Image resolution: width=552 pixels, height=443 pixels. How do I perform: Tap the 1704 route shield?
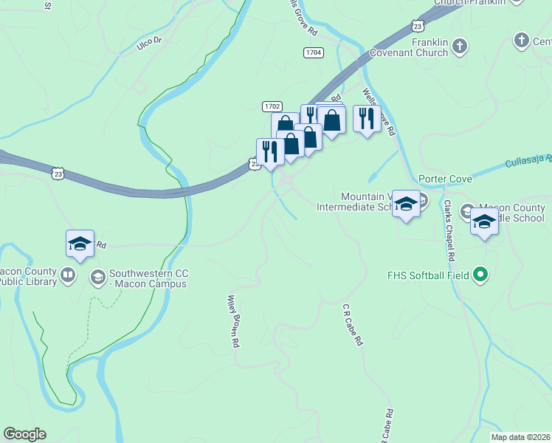[313, 52]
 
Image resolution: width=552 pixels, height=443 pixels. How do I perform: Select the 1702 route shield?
[272, 106]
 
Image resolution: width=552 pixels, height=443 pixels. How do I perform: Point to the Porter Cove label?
[444, 179]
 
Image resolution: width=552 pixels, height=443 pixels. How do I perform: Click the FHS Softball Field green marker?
[480, 276]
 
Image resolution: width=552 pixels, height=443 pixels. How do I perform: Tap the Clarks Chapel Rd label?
[447, 230]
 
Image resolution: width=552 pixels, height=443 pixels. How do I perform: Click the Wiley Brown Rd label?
[233, 322]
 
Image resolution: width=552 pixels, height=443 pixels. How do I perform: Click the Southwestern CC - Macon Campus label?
[146, 278]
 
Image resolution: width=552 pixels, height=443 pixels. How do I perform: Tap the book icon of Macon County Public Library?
[68, 276]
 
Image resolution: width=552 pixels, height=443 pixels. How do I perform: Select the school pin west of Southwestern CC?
[80, 243]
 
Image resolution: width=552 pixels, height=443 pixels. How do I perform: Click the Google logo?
[24, 434]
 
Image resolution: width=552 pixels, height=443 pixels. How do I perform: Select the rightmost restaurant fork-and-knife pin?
[366, 118]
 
